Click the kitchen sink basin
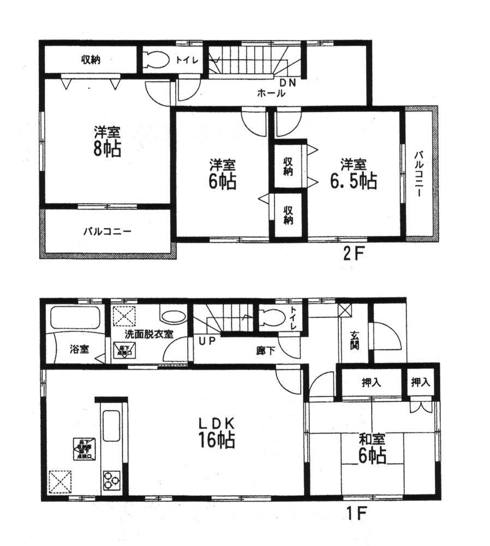pyautogui.click(x=111, y=425)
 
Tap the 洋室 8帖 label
pyautogui.click(x=106, y=141)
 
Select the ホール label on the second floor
pyautogui.click(x=271, y=93)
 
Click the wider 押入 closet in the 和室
pyautogui.click(x=371, y=382)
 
